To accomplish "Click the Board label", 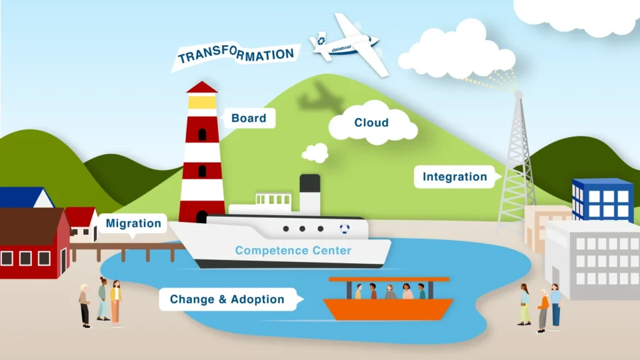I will coord(249,118).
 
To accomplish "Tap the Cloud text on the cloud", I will coord(371,122).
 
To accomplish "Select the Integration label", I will coord(454,177).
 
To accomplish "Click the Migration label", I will coord(133,223).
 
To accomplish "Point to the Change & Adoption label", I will coord(227,299).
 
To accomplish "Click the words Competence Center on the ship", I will coord(293,251).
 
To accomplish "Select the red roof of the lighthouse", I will coord(202,87).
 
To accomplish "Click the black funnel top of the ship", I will coord(310,183).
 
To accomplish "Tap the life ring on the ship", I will coord(345,229).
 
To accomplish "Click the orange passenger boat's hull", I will coord(387,309).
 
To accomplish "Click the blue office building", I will coord(602,199).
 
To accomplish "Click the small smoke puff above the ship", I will coord(315,152).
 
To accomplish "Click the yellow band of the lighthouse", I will coord(202,101).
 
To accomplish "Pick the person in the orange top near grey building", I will coord(543,309).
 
